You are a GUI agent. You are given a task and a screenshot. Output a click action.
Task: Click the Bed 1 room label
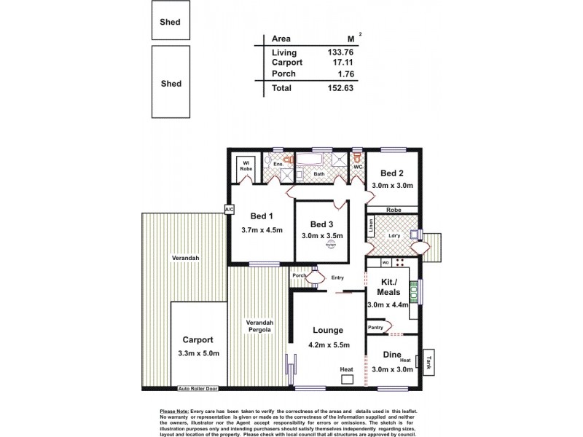(x=262, y=216)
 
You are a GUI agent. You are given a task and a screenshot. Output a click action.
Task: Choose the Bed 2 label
(x=392, y=173)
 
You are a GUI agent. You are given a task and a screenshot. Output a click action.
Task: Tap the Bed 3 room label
(x=321, y=224)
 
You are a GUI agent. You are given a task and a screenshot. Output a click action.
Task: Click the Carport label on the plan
(x=198, y=339)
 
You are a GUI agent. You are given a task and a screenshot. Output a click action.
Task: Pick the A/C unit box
(x=229, y=210)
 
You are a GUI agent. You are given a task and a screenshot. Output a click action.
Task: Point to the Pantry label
(x=376, y=328)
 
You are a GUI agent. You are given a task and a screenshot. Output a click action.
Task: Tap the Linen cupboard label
(x=371, y=232)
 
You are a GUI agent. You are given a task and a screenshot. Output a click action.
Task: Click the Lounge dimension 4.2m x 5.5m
(x=328, y=346)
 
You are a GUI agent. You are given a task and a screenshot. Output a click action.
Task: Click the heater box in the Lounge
(x=347, y=379)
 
